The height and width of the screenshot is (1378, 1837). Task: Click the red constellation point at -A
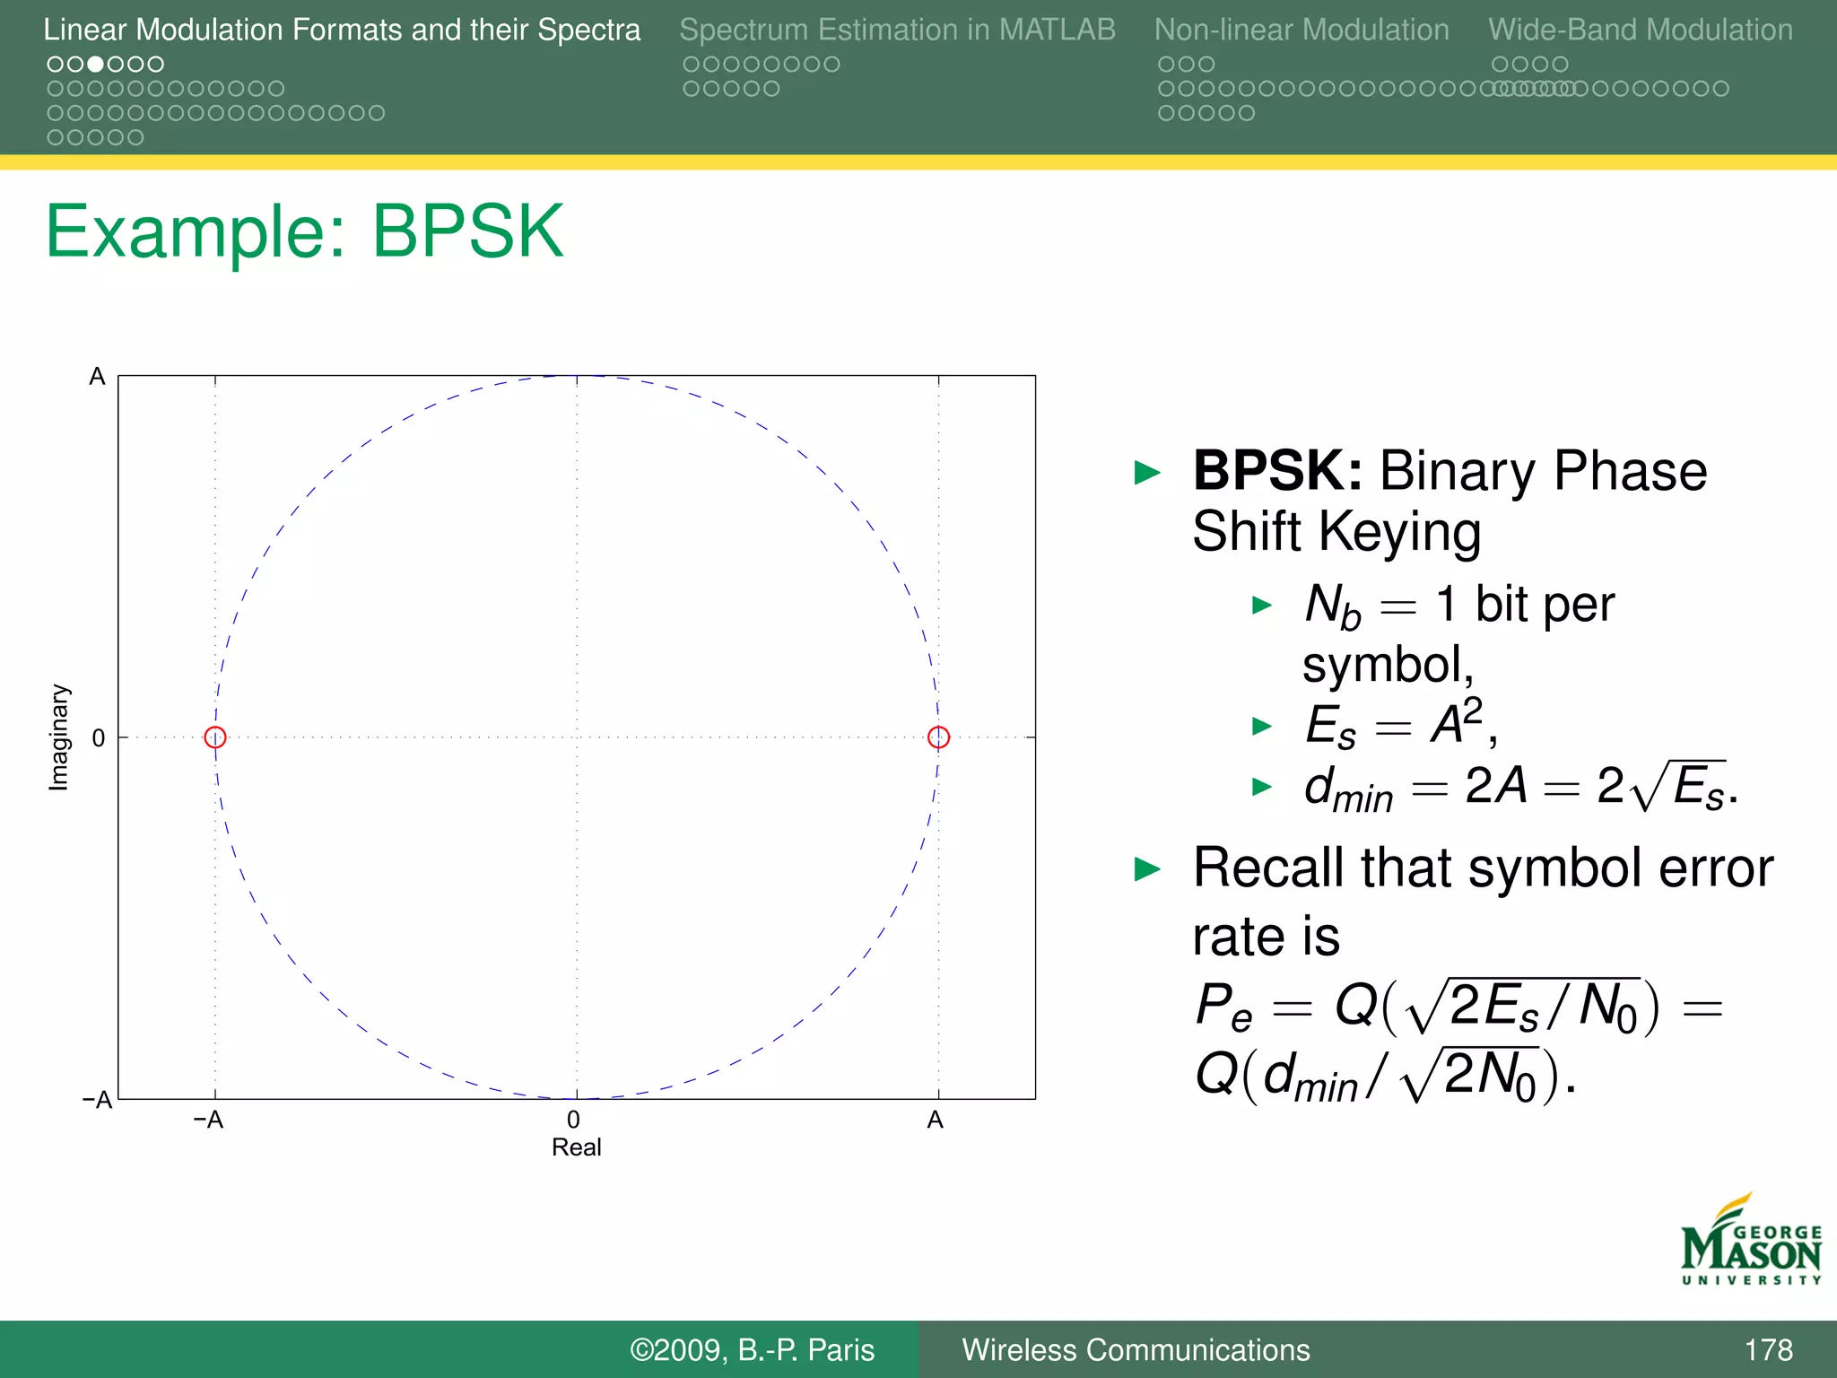click(215, 737)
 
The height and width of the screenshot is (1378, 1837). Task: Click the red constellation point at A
click(938, 737)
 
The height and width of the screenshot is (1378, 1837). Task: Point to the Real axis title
click(576, 1147)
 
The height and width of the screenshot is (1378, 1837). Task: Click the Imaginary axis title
click(58, 737)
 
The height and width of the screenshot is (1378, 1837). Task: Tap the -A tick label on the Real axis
click(208, 1120)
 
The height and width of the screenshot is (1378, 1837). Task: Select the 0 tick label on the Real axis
click(573, 1120)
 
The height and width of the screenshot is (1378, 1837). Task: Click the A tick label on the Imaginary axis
click(97, 377)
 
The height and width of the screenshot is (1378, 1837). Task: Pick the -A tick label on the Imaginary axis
click(97, 1100)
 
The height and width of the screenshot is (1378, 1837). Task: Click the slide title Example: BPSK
click(305, 231)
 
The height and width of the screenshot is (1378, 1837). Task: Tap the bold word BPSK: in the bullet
click(1277, 471)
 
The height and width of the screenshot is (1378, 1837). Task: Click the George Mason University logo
click(1751, 1242)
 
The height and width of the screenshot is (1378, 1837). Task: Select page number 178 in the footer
click(1768, 1350)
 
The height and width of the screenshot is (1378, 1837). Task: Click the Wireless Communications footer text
click(1136, 1350)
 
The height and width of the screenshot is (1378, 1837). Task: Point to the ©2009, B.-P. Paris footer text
click(752, 1350)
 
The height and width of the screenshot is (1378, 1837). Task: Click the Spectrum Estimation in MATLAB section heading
click(897, 31)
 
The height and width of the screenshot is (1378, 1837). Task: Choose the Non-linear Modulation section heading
click(1302, 31)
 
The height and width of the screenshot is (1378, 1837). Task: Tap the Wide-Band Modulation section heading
click(1641, 31)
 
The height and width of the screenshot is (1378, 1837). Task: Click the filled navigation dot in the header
click(95, 65)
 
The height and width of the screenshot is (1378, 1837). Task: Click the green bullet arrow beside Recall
click(1147, 868)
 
